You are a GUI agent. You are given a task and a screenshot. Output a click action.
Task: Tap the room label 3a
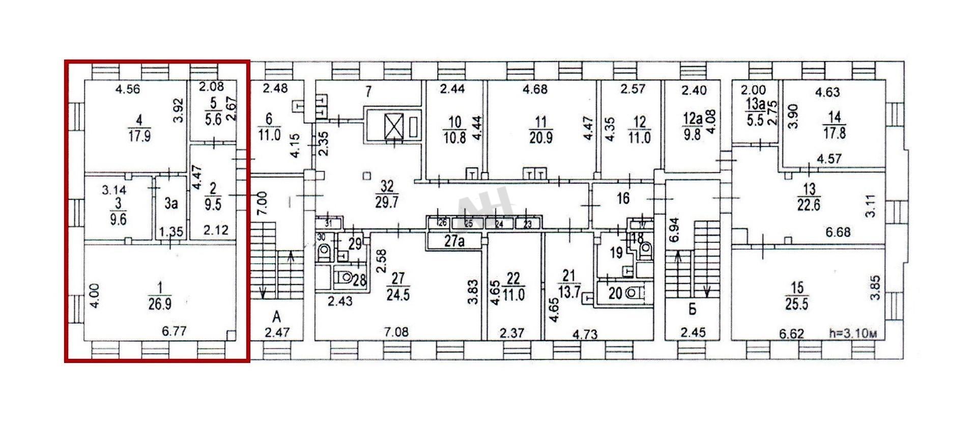click(171, 204)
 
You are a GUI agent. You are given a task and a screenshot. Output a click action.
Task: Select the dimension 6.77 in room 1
click(174, 331)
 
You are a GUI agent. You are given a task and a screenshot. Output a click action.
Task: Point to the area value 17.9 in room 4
click(139, 137)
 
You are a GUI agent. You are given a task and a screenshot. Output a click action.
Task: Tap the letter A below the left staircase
click(276, 318)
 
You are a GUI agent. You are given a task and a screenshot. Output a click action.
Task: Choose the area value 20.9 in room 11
click(540, 137)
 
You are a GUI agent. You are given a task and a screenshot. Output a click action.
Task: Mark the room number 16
click(623, 199)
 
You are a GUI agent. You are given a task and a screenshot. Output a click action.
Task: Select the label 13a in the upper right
click(755, 104)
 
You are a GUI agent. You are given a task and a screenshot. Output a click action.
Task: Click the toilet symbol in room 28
click(346, 278)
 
